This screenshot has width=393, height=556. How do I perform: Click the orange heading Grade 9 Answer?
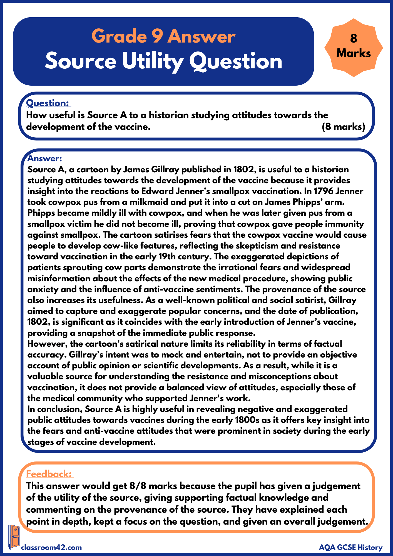(x=163, y=36)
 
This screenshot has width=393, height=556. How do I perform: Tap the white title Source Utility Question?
(x=163, y=61)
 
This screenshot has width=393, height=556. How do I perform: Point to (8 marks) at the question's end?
(x=343, y=127)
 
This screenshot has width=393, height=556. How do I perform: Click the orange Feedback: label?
(x=49, y=474)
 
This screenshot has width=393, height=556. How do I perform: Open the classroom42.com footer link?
(x=51, y=547)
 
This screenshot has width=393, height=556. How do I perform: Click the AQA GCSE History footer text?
(x=351, y=547)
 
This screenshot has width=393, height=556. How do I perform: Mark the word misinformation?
(x=59, y=278)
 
